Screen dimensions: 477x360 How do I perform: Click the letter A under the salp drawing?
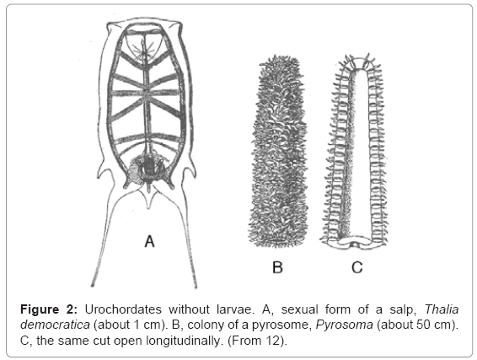(x=150, y=241)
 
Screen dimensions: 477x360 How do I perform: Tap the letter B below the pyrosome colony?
(x=277, y=267)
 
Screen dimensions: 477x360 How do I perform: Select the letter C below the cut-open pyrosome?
(x=356, y=267)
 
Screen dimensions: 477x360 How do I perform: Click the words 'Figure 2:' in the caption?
(x=49, y=309)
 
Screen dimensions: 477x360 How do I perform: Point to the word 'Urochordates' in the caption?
(x=123, y=309)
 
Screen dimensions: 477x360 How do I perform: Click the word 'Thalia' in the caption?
(x=442, y=309)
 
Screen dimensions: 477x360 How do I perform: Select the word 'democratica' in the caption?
(x=55, y=325)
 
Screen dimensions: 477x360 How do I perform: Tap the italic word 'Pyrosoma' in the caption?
(x=345, y=325)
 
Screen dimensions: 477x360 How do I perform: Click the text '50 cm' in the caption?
(x=437, y=325)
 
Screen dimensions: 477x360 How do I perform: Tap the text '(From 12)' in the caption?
(x=257, y=341)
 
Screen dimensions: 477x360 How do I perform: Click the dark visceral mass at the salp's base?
(x=148, y=169)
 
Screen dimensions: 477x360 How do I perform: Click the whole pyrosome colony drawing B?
(x=279, y=151)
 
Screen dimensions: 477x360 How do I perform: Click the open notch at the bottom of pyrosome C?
(x=355, y=244)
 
